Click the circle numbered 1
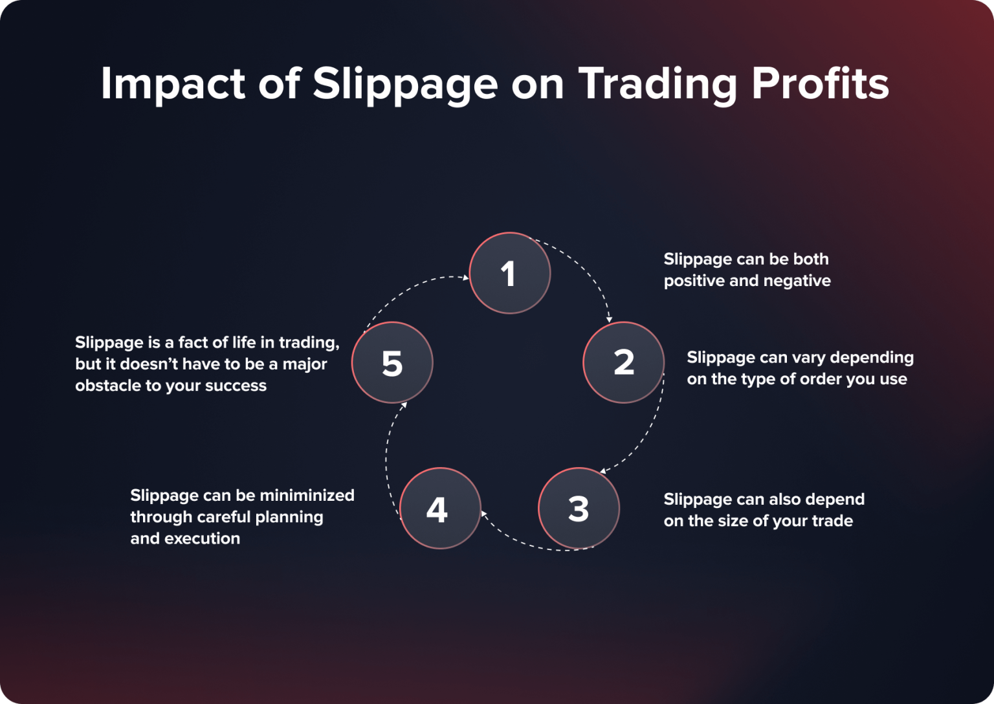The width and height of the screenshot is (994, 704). coord(509,273)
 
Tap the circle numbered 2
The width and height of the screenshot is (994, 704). coord(623,362)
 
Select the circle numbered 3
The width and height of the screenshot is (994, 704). coord(579,509)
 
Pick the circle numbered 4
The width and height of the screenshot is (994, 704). coord(440,509)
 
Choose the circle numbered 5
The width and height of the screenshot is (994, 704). coord(392,362)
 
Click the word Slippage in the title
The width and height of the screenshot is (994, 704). coord(405,85)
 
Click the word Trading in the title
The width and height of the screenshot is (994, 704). coord(657,85)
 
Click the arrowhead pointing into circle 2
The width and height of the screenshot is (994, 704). coord(609,319)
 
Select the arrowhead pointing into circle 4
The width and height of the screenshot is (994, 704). coord(483,514)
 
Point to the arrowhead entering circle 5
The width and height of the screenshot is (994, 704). coord(404,405)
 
